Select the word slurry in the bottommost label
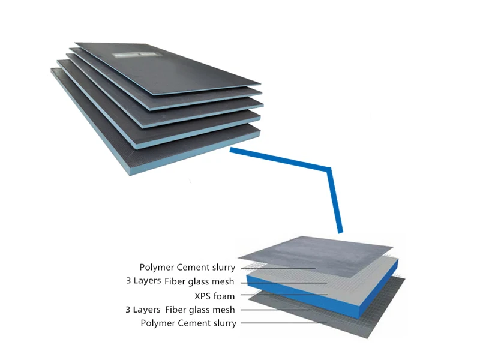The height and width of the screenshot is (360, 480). tap(223, 323)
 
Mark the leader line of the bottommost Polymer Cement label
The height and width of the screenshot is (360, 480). tap(282, 323)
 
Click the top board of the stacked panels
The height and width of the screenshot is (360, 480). tap(168, 66)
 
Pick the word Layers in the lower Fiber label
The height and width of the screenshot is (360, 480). tap(147, 310)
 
